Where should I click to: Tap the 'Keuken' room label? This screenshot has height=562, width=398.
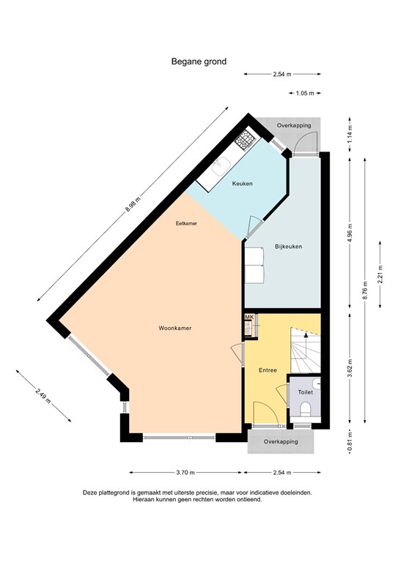click(242, 184)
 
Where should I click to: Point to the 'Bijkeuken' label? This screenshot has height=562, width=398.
click(289, 247)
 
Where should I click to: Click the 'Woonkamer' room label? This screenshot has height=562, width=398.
click(174, 329)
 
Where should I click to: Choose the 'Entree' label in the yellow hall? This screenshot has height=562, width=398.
click(268, 370)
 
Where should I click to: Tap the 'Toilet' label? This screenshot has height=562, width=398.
click(305, 393)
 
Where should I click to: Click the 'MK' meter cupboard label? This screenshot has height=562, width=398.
click(248, 317)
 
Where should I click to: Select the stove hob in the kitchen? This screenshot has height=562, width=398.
click(245, 138)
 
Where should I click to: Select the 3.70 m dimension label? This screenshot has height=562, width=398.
click(186, 472)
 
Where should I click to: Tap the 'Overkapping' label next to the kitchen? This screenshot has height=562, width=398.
click(293, 126)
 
